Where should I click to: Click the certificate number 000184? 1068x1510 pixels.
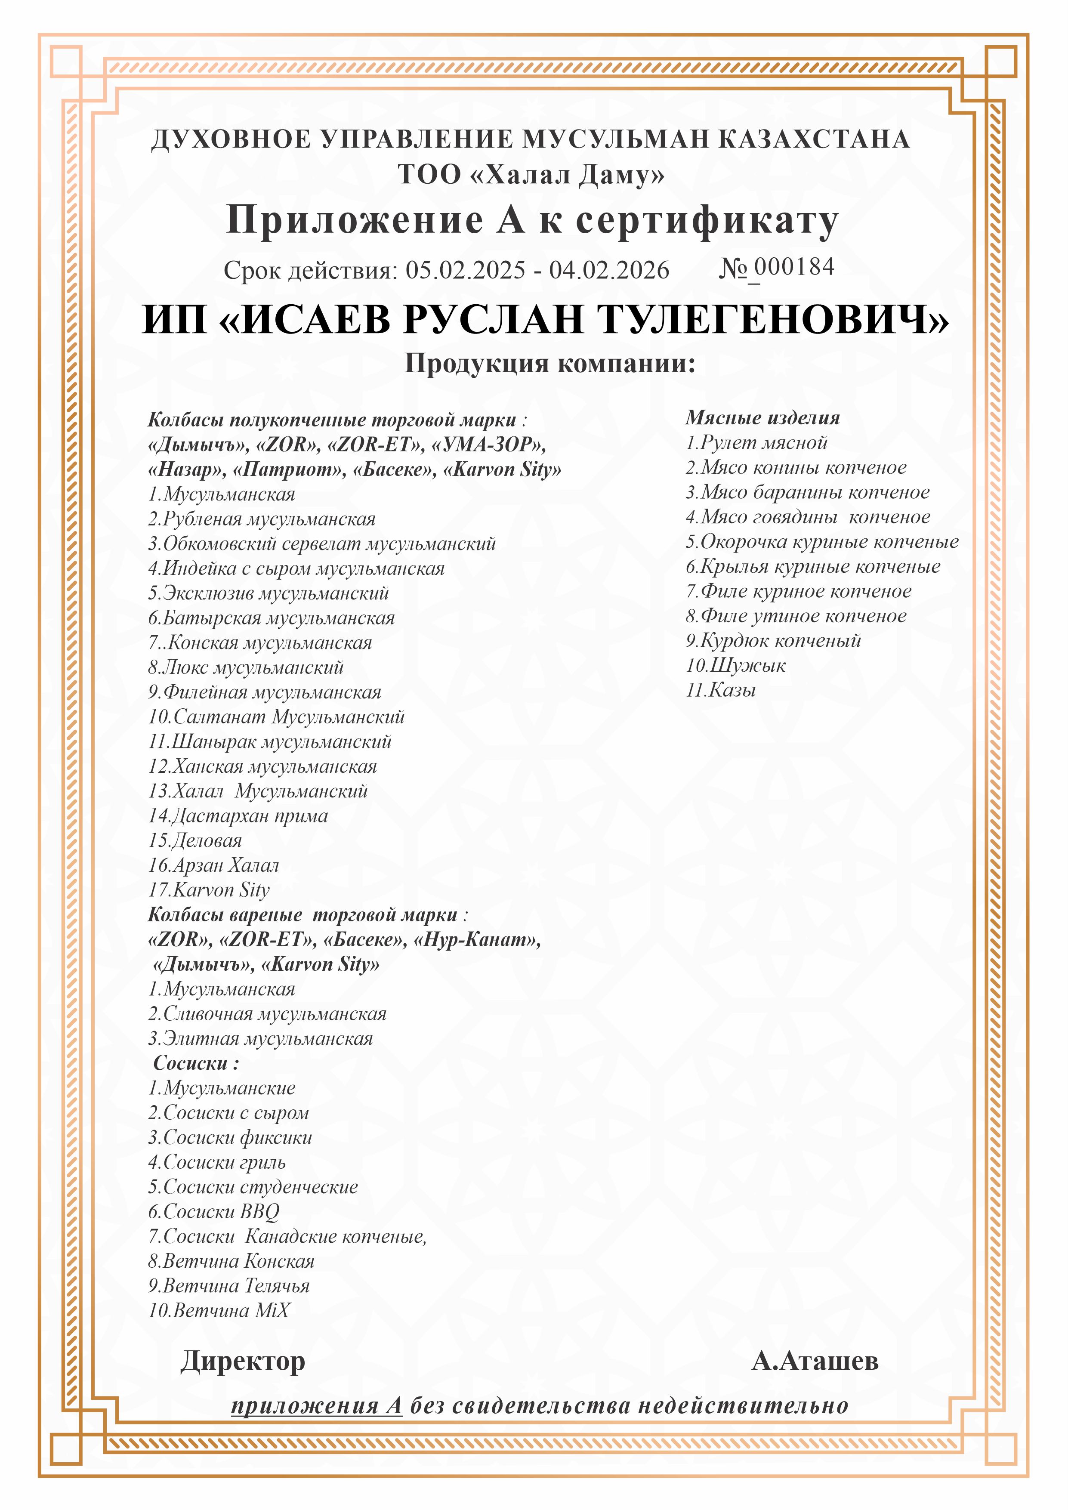pyautogui.click(x=794, y=267)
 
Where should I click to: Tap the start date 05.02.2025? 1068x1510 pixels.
pyautogui.click(x=465, y=270)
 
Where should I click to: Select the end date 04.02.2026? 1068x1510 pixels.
pyautogui.click(x=609, y=270)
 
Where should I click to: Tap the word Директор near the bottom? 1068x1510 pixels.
pyautogui.click(x=243, y=1361)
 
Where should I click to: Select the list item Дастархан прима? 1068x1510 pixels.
pyautogui.click(x=238, y=816)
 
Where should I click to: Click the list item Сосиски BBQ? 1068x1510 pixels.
pyautogui.click(x=214, y=1211)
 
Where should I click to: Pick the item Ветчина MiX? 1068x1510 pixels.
pyautogui.click(x=219, y=1310)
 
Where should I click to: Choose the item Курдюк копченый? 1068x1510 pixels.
pyautogui.click(x=773, y=641)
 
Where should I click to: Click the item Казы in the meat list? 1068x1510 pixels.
pyautogui.click(x=722, y=690)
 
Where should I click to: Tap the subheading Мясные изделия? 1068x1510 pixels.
pyautogui.click(x=762, y=417)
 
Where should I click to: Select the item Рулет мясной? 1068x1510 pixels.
pyautogui.click(x=757, y=443)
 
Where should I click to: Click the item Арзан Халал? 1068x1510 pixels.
pyautogui.click(x=214, y=865)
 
